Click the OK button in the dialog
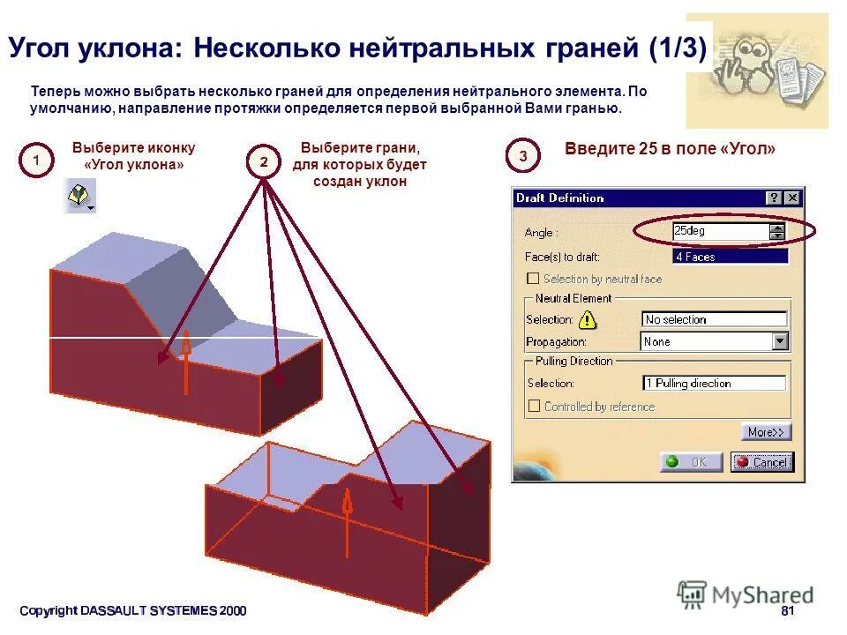click(x=691, y=462)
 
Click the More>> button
click(x=766, y=432)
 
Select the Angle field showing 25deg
click(x=720, y=231)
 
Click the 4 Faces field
click(x=730, y=257)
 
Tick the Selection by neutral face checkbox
click(x=533, y=279)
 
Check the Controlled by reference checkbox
click(x=534, y=407)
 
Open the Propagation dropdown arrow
click(x=780, y=341)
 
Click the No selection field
click(x=714, y=319)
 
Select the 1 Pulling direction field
click(x=714, y=384)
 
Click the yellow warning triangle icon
click(x=587, y=319)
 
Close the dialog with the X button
click(x=792, y=198)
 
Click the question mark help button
click(x=774, y=198)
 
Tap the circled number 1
click(x=36, y=161)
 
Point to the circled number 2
click(x=263, y=161)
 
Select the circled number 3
click(x=523, y=157)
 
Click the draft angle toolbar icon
click(x=80, y=196)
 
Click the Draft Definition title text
click(x=559, y=198)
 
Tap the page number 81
click(x=788, y=611)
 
